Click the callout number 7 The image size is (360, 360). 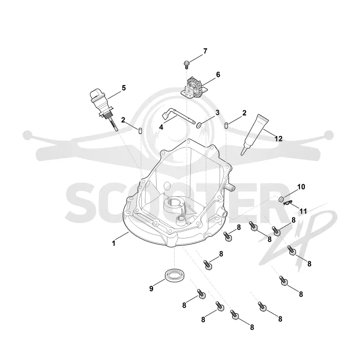205,51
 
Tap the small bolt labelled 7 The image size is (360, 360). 186,64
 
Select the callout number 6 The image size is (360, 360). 218,75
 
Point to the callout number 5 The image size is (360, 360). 124,88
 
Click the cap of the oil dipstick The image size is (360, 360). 96,96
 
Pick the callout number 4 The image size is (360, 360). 161,127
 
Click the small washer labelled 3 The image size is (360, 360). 199,125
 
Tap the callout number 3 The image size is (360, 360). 217,112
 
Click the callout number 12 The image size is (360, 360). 279,139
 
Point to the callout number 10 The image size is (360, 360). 301,187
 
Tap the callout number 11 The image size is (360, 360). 303,211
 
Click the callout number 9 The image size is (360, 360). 151,288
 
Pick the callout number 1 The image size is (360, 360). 113,243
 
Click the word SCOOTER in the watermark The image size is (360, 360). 177,198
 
